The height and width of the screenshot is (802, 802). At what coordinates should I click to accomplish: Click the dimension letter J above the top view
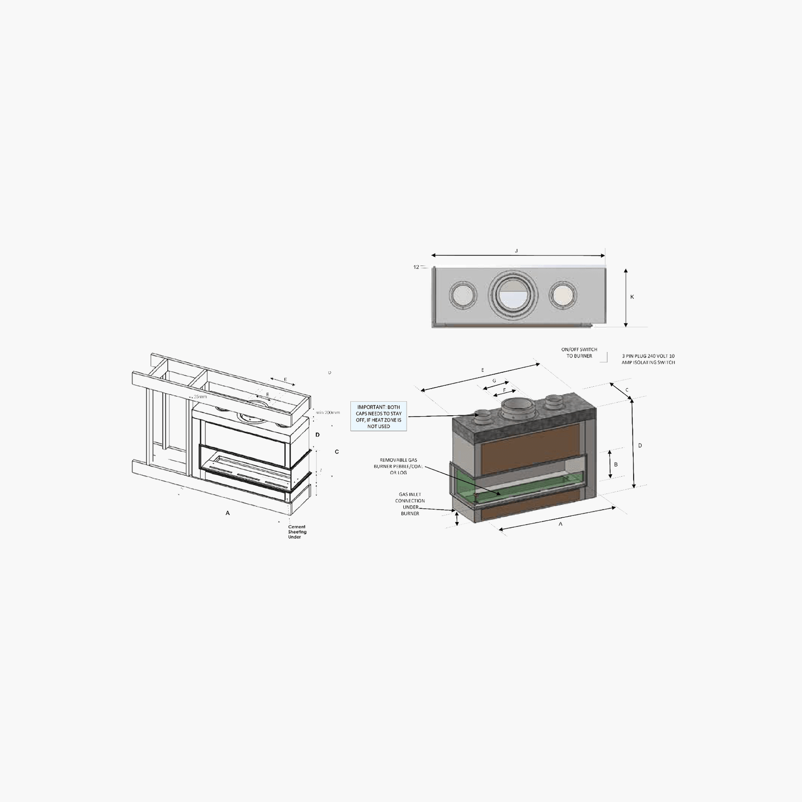[x=516, y=251]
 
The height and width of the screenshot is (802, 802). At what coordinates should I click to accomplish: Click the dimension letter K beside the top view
[x=632, y=297]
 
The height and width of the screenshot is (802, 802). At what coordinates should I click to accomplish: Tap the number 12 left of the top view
[x=416, y=267]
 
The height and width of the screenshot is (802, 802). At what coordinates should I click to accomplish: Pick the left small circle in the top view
[x=463, y=295]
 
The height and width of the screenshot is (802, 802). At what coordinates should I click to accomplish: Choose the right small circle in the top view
[x=563, y=295]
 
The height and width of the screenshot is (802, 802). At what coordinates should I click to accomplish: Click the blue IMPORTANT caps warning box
[x=379, y=416]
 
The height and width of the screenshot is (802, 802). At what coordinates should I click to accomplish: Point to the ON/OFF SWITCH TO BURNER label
[x=579, y=353]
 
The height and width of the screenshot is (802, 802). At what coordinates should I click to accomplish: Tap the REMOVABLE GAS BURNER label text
[x=399, y=466]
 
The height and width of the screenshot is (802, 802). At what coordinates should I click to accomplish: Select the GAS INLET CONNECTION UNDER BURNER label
[x=410, y=504]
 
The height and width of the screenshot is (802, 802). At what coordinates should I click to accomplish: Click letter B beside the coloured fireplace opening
[x=616, y=464]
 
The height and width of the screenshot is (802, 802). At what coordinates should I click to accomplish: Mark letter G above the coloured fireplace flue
[x=494, y=381]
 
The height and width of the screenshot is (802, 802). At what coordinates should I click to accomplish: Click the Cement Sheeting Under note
[x=297, y=532]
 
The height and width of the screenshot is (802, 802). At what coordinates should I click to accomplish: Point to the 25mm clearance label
[x=200, y=397]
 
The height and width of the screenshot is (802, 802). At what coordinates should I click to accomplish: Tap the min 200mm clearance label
[x=328, y=412]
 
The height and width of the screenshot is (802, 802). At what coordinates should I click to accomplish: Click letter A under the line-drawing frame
[x=228, y=513]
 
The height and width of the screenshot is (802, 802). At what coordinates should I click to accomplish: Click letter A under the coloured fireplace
[x=561, y=524]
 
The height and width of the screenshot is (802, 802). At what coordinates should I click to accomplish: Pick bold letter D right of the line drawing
[x=318, y=434]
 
